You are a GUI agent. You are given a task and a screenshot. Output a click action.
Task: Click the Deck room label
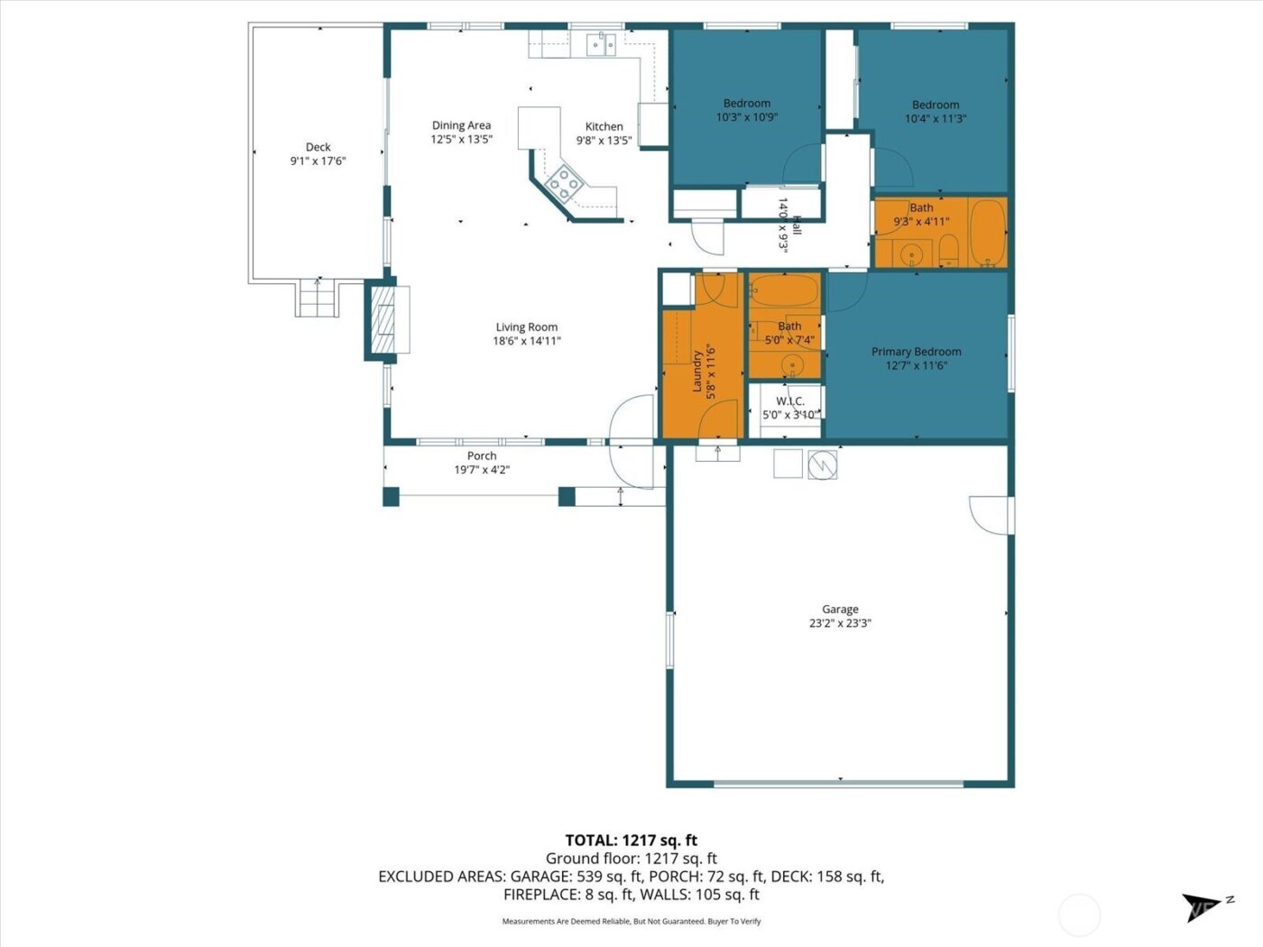(x=318, y=147)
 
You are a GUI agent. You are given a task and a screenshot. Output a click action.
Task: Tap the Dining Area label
(x=461, y=125)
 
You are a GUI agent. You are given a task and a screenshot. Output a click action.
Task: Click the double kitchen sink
(x=601, y=42)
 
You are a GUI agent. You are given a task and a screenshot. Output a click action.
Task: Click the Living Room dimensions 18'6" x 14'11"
(x=527, y=341)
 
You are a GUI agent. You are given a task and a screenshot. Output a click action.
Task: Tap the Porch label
(x=482, y=455)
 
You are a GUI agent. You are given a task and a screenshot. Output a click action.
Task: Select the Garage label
(x=840, y=609)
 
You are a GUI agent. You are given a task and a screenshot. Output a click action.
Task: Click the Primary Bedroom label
(x=916, y=352)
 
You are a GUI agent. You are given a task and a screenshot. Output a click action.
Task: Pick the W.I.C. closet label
(x=789, y=401)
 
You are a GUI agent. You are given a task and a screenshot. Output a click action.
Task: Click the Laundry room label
(x=697, y=371)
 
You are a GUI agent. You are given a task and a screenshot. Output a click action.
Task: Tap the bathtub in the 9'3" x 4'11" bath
(x=987, y=232)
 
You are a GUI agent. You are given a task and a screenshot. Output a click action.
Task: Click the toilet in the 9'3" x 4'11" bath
(x=948, y=250)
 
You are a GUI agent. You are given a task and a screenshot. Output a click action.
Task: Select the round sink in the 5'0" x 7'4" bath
(x=792, y=365)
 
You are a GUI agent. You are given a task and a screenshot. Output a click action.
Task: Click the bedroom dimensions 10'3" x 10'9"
(x=746, y=117)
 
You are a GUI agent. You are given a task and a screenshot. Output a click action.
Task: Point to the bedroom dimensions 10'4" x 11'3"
(x=936, y=118)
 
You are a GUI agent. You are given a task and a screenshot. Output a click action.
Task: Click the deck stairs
(x=317, y=299)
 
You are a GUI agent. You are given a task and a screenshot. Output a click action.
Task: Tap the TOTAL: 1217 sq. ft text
(x=631, y=841)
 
